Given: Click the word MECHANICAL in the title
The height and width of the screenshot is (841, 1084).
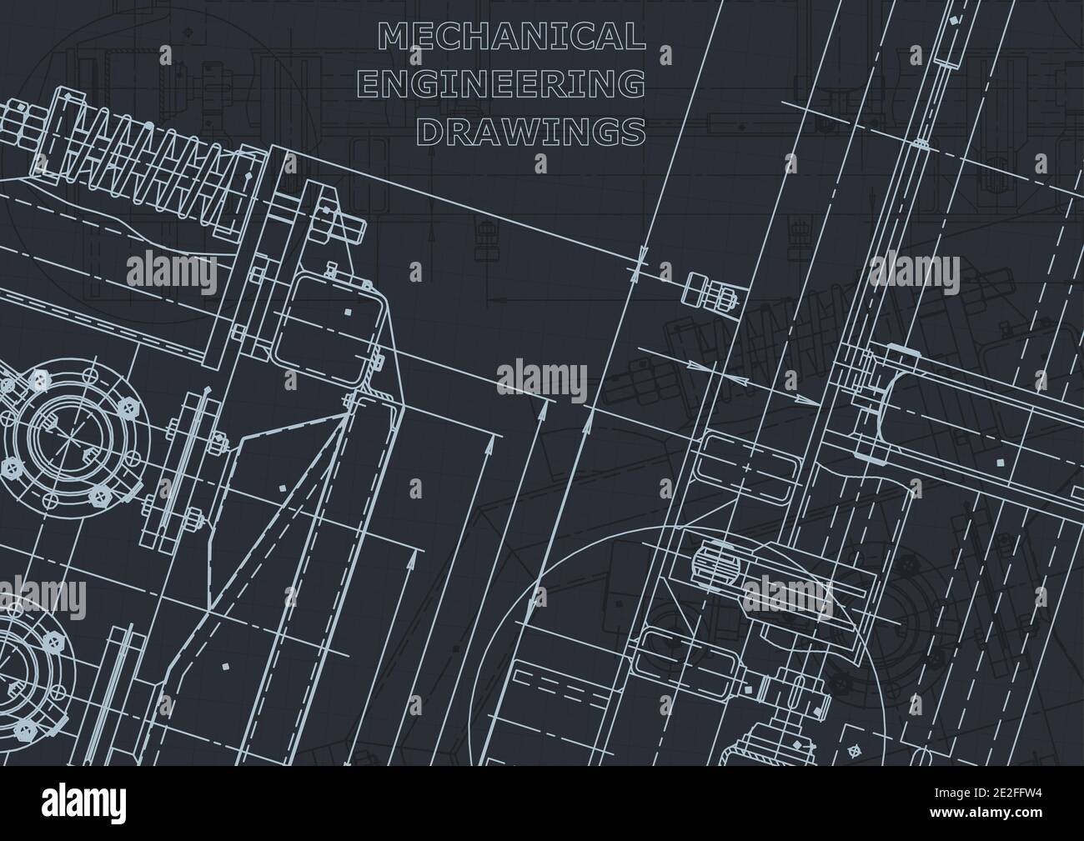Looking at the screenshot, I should coord(511,36).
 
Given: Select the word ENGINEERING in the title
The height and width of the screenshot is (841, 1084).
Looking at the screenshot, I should coord(511,83).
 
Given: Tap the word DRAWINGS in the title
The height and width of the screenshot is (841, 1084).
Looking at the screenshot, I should coord(530,130).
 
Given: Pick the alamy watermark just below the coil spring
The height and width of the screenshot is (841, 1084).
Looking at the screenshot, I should coord(171,272).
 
